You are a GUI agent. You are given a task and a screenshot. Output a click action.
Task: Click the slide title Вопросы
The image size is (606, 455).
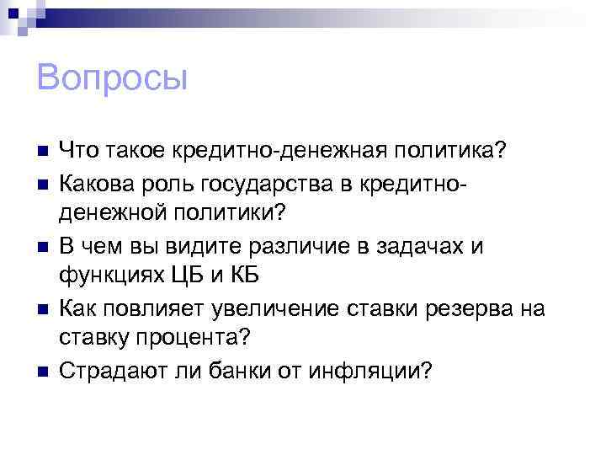[112, 78]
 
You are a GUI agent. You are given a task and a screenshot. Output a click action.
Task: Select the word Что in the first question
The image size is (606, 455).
[78, 149]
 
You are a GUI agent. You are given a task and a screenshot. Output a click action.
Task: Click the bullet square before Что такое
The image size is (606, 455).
[44, 151]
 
